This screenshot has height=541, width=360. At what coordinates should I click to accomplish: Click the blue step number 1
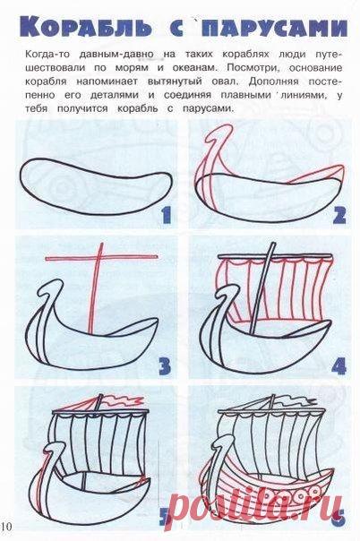tap(166, 215)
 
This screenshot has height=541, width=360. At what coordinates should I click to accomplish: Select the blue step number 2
tap(339, 215)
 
